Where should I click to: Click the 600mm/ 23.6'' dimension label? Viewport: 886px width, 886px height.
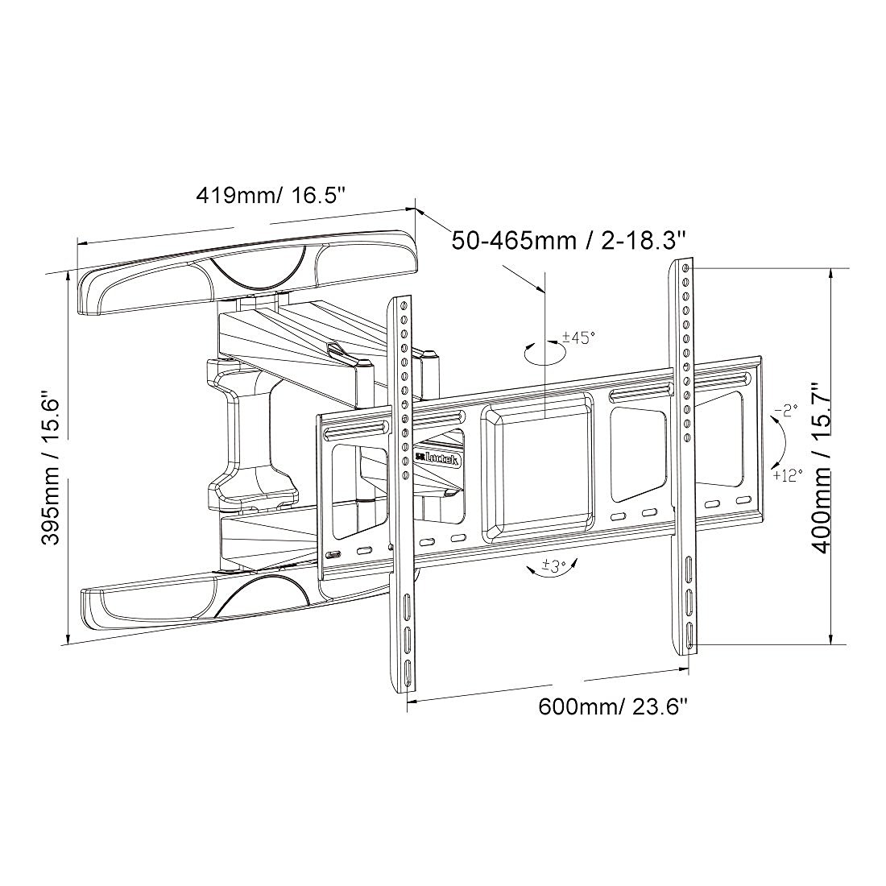coord(612,707)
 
